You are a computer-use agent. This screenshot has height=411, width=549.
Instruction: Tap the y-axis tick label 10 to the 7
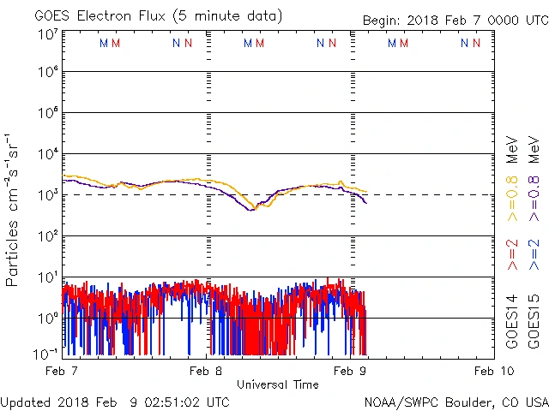point(47,35)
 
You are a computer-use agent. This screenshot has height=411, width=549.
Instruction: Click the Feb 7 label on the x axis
point(63,370)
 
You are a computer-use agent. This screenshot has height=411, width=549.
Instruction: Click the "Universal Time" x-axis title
point(278,384)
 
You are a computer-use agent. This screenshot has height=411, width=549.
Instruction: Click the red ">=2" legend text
point(513,255)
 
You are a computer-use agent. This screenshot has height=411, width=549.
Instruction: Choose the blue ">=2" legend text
point(534,255)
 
